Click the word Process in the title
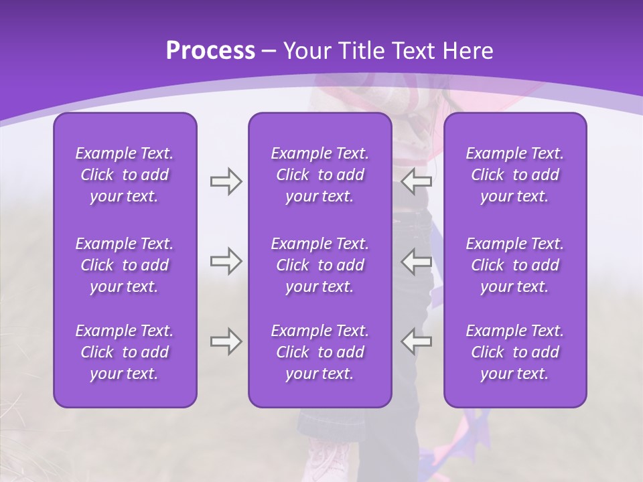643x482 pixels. tap(210, 51)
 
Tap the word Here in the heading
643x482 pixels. tap(468, 51)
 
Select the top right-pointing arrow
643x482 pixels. tap(226, 181)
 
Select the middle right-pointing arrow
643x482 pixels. tap(226, 261)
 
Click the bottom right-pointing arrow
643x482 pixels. tap(226, 341)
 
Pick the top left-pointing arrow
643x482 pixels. tap(416, 181)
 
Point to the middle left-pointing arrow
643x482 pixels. tap(416, 261)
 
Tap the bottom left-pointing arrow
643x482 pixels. tap(416, 341)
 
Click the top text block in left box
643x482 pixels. tap(125, 175)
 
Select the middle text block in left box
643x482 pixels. tap(125, 265)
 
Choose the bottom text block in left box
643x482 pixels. tap(125, 352)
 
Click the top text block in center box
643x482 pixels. tap(319, 175)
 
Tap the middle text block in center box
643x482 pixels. tap(319, 265)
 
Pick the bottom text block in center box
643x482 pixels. tap(319, 352)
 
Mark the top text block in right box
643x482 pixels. tap(514, 175)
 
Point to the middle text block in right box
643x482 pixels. tap(514, 265)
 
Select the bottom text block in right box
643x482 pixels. tap(514, 352)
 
